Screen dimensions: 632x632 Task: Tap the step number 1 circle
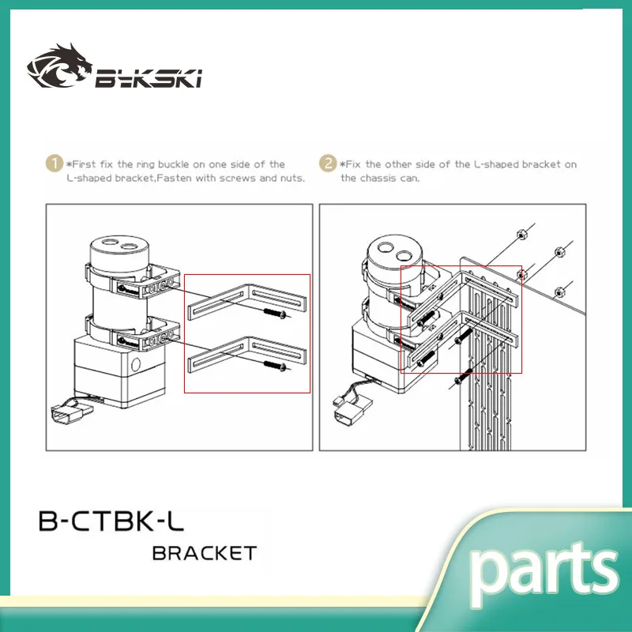pyautogui.click(x=55, y=164)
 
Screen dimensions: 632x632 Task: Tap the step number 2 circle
pyautogui.click(x=328, y=164)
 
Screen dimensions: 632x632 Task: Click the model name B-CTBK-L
pyautogui.click(x=111, y=521)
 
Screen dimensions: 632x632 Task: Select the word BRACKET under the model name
pyautogui.click(x=204, y=553)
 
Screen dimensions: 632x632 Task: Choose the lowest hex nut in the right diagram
pyautogui.click(x=559, y=288)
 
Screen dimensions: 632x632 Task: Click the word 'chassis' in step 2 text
pyautogui.click(x=377, y=178)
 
